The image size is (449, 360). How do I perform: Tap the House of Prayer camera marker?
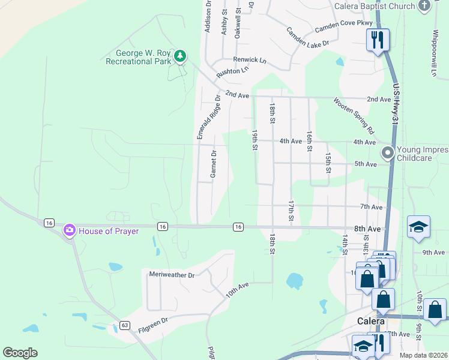[x=70, y=230]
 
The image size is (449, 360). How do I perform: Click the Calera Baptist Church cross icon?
[x=424, y=6]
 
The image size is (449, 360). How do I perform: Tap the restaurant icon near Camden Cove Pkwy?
[x=378, y=41]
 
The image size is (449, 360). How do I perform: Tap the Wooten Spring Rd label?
[x=354, y=116]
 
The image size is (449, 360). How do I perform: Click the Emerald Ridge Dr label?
[x=208, y=118]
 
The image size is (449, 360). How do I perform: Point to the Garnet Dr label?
[x=212, y=164]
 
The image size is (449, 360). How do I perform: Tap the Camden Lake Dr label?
[x=307, y=37]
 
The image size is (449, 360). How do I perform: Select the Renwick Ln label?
[x=250, y=60]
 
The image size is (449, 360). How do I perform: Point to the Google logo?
[x=20, y=353]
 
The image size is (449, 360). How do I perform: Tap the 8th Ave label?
[x=367, y=229]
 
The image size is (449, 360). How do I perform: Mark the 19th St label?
[x=255, y=139]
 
